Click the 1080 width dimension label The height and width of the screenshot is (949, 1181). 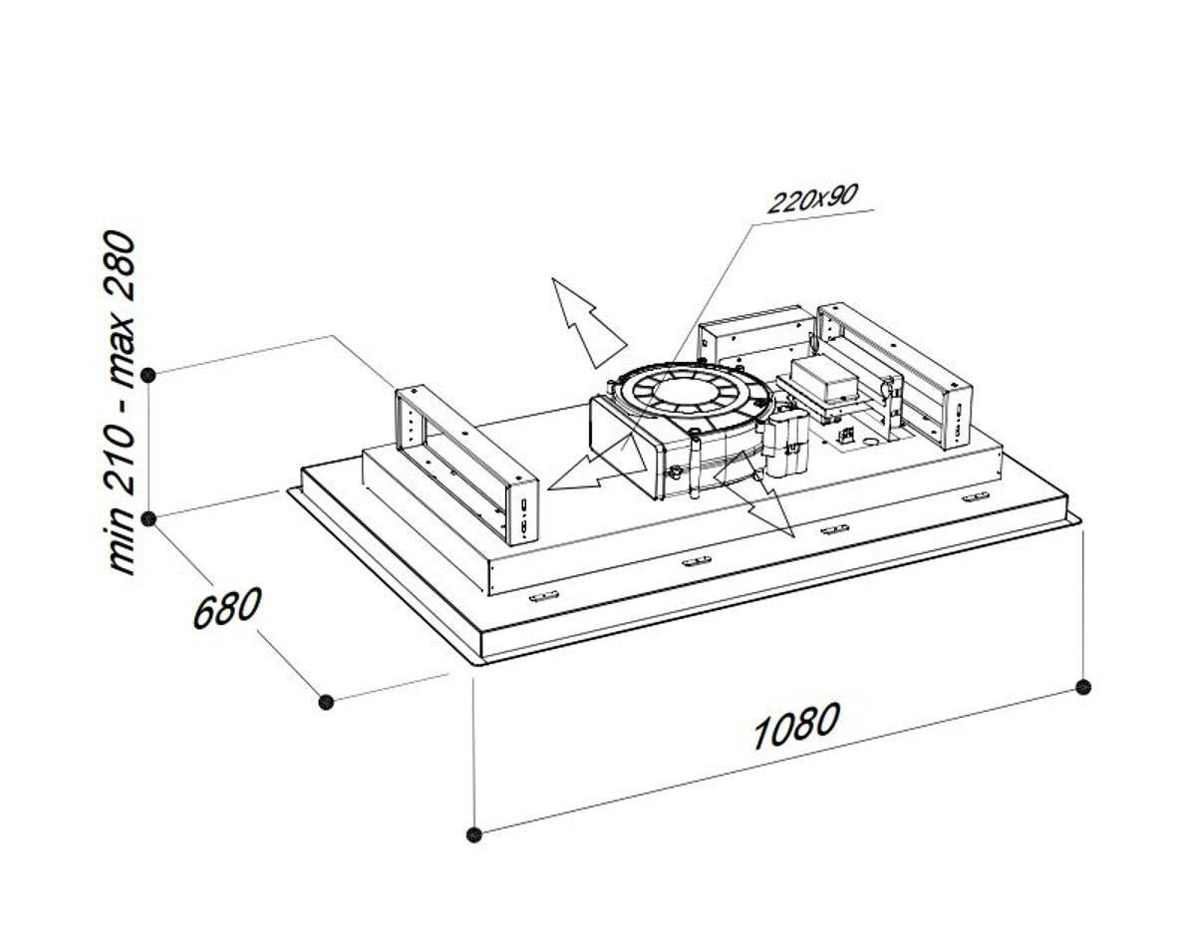[796, 726]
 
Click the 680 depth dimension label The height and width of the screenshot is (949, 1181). [227, 607]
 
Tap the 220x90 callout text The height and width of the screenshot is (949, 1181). [812, 197]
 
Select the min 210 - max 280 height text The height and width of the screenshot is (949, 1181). [121, 403]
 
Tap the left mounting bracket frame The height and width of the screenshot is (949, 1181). [466, 464]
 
